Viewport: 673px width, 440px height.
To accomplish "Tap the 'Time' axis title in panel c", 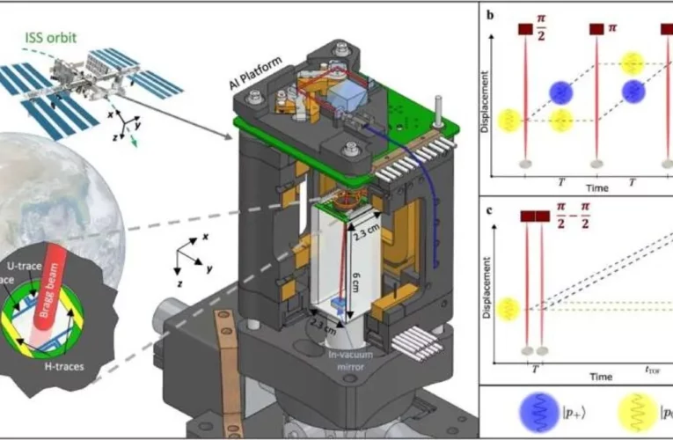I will point(601,377).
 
